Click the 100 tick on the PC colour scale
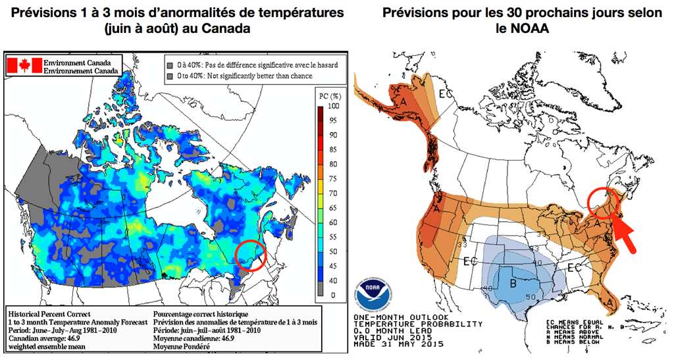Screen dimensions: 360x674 pyautogui.click(x=332, y=105)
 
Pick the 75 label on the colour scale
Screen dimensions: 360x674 pyautogui.click(x=332, y=179)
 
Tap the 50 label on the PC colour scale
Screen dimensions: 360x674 pyautogui.click(x=332, y=252)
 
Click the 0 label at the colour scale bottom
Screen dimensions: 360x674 pyautogui.click(x=332, y=296)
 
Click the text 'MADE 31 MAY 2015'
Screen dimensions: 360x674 pyautogui.click(x=399, y=344)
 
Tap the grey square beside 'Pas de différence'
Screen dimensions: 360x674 pyautogui.click(x=169, y=65)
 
